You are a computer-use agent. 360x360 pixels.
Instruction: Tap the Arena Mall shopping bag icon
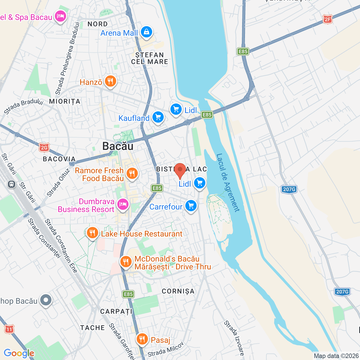(x=147, y=32)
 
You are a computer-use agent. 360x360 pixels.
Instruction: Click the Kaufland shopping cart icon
(x=158, y=117)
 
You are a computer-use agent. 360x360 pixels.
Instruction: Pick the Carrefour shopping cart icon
(x=191, y=206)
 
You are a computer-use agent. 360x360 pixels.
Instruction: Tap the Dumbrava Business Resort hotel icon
(x=123, y=204)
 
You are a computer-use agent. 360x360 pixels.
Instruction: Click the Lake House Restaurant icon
(x=92, y=233)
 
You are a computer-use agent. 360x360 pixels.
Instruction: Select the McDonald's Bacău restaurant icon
(x=126, y=262)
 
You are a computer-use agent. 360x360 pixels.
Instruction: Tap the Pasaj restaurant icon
(x=142, y=339)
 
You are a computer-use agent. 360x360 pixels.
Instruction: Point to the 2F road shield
(x=328, y=19)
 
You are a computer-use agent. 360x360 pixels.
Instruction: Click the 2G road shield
(x=44, y=147)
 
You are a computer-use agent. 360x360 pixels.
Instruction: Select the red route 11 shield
(x=9, y=329)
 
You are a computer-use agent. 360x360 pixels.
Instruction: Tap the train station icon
(x=12, y=184)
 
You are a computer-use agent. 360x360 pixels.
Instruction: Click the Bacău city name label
(x=118, y=146)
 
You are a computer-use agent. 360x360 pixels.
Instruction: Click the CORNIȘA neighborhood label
(x=178, y=291)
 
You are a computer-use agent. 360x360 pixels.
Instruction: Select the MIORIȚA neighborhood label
(x=65, y=101)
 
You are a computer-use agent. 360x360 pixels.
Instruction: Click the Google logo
(x=19, y=353)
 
